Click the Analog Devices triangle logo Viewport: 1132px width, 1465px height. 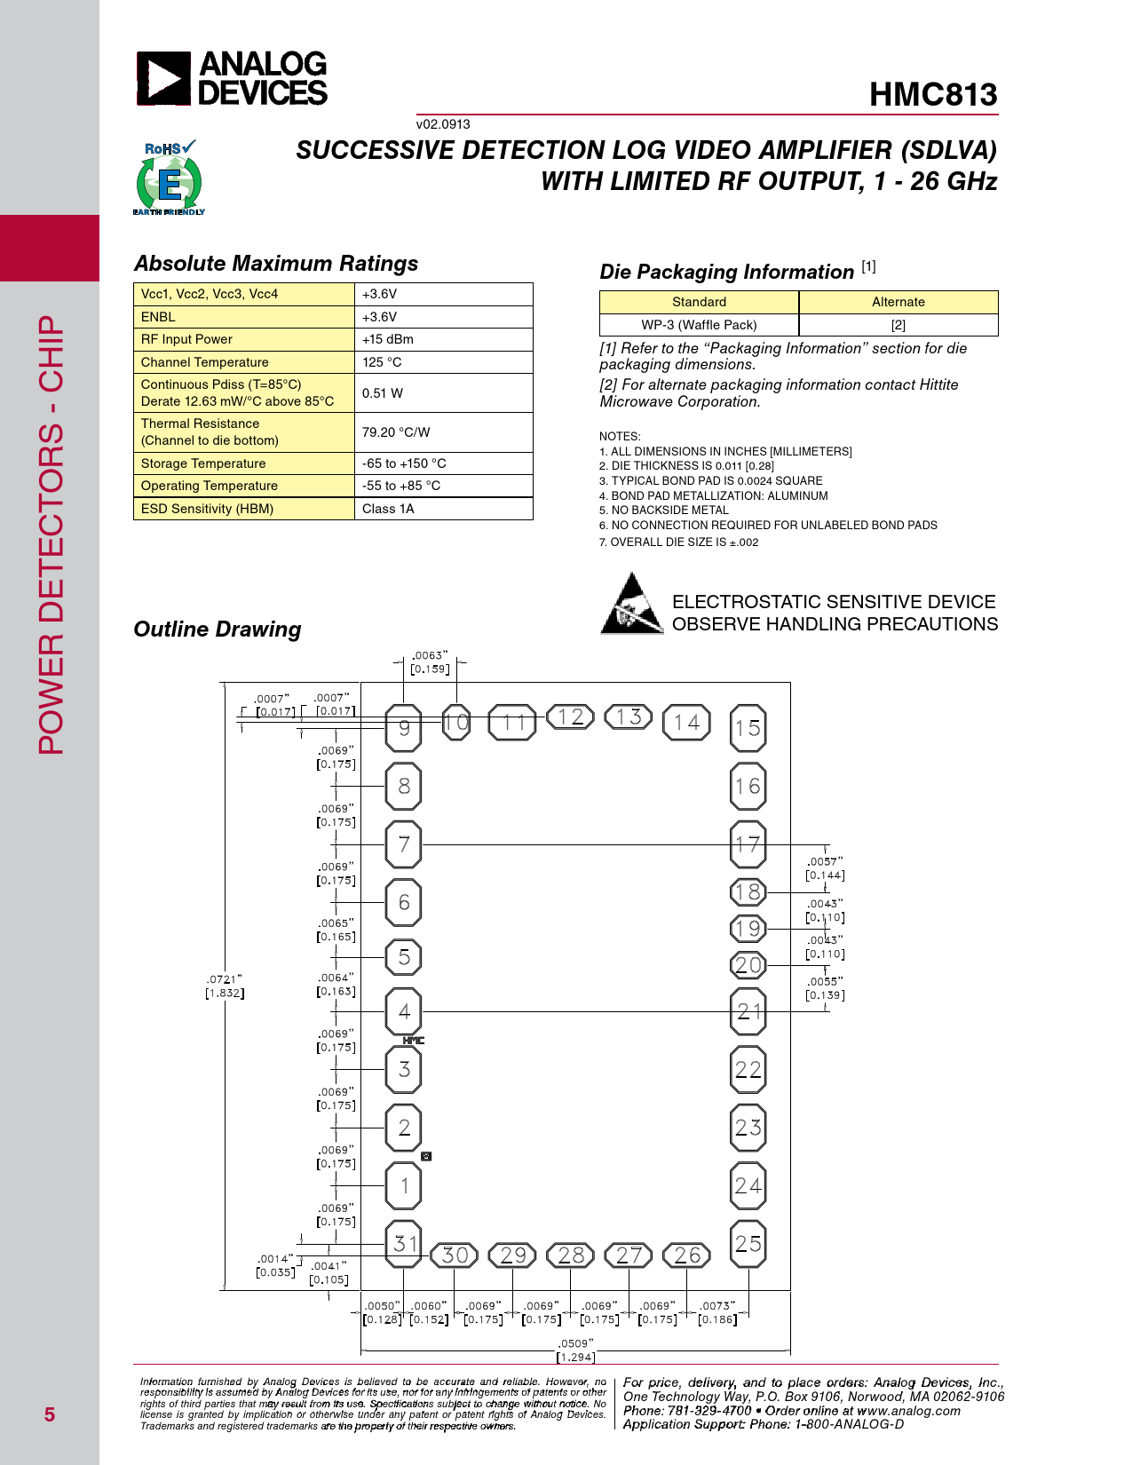pyautogui.click(x=163, y=79)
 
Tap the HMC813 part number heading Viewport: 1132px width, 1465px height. pyautogui.click(x=933, y=95)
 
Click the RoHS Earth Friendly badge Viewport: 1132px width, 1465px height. pyautogui.click(x=169, y=178)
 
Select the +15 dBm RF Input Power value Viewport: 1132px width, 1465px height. pyautogui.click(x=388, y=339)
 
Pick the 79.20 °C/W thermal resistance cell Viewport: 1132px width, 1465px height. pyautogui.click(x=396, y=432)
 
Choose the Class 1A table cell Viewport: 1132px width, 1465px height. pyautogui.click(x=388, y=509)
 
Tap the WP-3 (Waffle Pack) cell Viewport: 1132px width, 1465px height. pyautogui.click(x=699, y=325)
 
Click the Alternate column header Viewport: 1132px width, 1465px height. pyautogui.click(x=898, y=302)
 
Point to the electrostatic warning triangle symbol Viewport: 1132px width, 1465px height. pyautogui.click(x=631, y=605)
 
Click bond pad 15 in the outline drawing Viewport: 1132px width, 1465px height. pyautogui.click(x=748, y=728)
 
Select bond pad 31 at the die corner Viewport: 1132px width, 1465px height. pyautogui.click(x=404, y=1244)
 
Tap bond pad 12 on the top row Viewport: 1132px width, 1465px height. pyautogui.click(x=571, y=717)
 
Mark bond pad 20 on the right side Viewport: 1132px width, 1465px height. pyautogui.click(x=748, y=965)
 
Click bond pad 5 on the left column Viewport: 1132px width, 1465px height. pyautogui.click(x=404, y=957)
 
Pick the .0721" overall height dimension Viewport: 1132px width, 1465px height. pyautogui.click(x=225, y=986)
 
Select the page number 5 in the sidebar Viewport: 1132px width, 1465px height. pyautogui.click(x=50, y=1414)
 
